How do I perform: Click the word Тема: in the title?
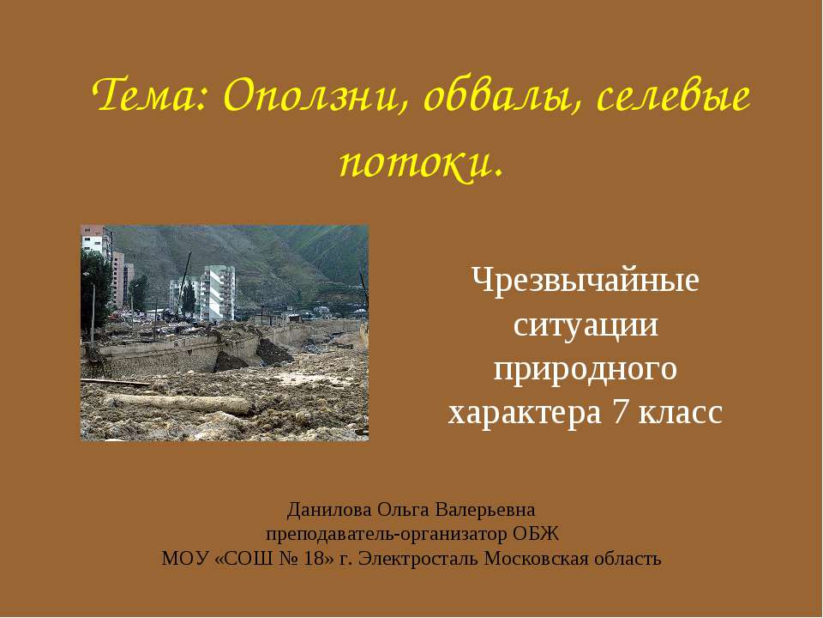coord(151,95)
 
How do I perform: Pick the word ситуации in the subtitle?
coord(586,325)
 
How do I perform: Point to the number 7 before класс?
coord(620,412)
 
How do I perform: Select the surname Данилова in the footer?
coord(329,510)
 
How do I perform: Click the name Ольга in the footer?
coord(404,510)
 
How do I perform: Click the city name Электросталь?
coord(418,559)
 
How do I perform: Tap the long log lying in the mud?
coord(178,403)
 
